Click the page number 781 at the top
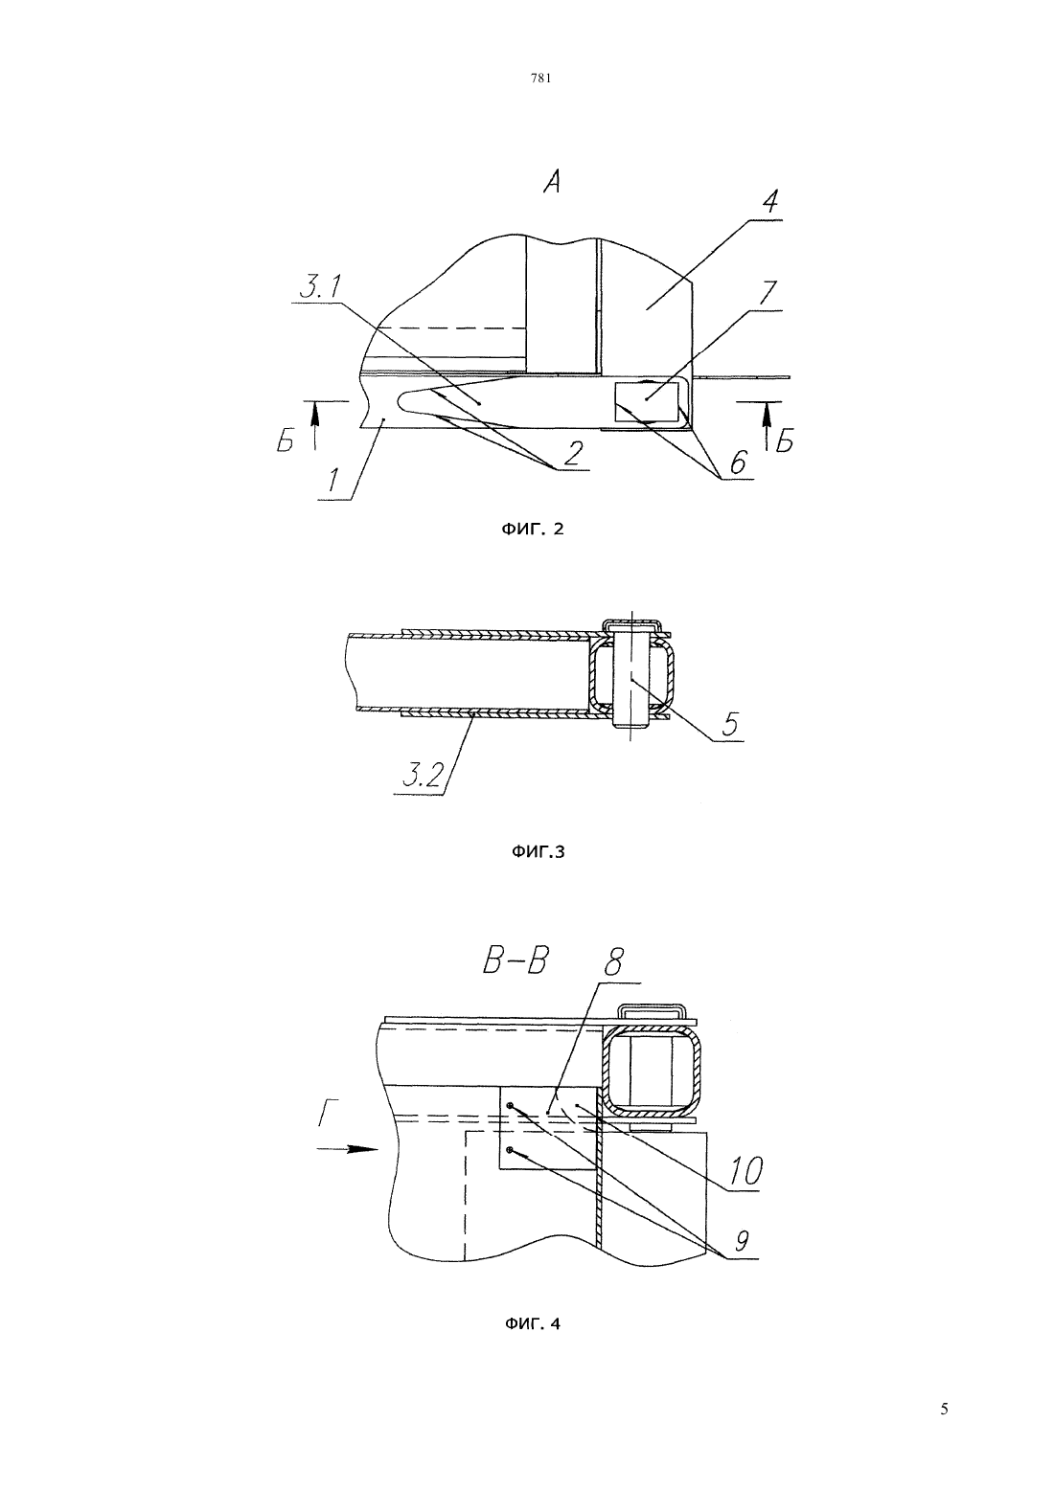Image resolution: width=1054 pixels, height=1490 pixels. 539,78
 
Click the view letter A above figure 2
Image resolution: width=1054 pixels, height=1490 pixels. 551,181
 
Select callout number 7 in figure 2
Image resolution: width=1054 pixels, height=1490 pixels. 768,293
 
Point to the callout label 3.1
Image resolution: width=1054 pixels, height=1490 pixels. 320,287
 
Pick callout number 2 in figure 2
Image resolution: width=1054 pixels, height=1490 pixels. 573,453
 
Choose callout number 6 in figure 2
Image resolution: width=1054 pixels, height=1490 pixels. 738,462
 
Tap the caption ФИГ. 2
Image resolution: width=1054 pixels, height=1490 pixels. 531,530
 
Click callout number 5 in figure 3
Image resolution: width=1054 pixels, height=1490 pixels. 730,724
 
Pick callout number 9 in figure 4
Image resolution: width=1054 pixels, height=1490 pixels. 742,1240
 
